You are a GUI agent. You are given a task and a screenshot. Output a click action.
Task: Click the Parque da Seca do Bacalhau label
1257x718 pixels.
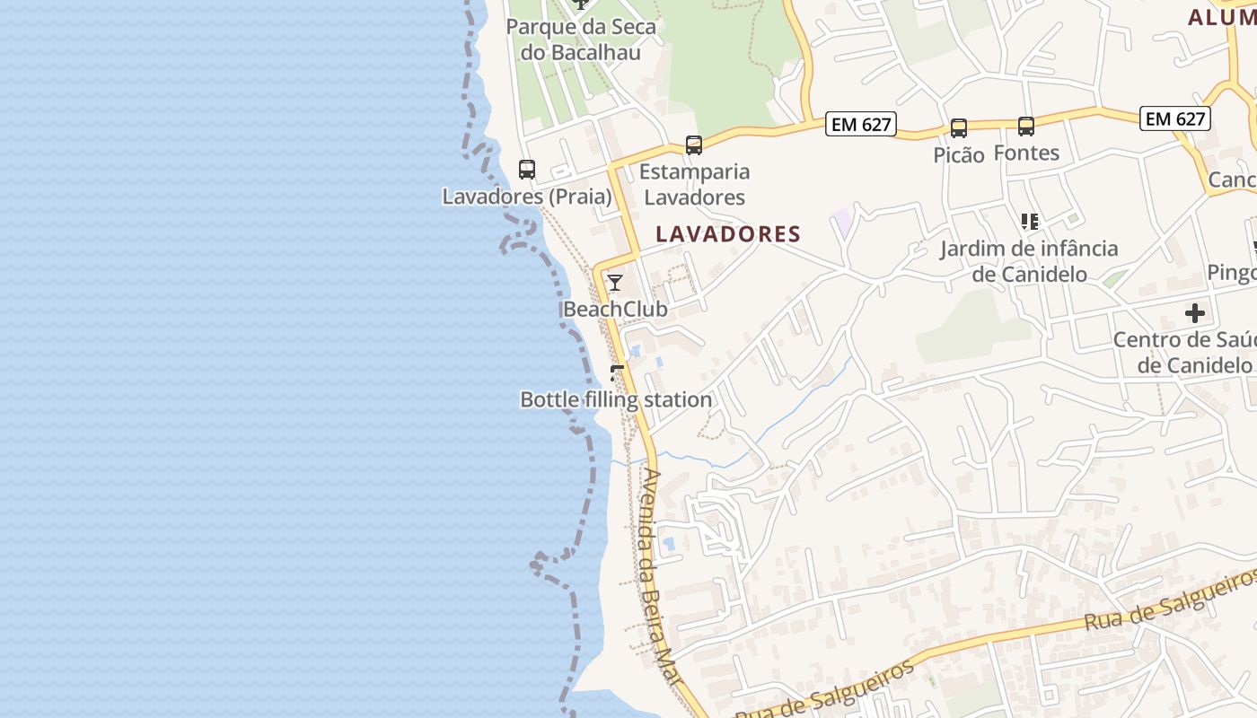click(581, 39)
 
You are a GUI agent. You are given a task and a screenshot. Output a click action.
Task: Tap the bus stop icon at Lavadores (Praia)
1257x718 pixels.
click(527, 169)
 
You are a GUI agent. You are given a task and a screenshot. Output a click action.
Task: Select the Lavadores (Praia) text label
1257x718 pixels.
click(527, 196)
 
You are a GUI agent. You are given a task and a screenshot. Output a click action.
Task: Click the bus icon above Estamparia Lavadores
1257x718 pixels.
click(693, 144)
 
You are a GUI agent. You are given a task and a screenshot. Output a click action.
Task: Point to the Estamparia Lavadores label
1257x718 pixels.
click(695, 184)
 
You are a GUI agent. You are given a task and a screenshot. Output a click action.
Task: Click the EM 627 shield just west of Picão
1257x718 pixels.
click(861, 125)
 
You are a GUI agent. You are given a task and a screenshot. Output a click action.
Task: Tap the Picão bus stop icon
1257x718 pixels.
click(959, 128)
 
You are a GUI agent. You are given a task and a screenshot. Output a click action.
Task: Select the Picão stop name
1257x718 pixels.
click(959, 154)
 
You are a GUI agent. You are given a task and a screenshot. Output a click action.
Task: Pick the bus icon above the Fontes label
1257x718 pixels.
click(1026, 127)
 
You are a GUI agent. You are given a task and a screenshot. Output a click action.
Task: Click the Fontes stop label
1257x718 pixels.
click(1026, 153)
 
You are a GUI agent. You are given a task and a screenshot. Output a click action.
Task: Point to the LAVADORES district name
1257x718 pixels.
click(728, 234)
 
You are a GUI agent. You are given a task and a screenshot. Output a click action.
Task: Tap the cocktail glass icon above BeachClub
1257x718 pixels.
click(615, 283)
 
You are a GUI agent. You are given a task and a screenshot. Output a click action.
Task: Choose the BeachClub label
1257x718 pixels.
click(615, 310)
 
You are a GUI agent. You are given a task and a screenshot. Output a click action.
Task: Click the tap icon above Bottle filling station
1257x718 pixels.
click(616, 372)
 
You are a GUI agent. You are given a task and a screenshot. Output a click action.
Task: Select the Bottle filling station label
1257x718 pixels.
click(616, 400)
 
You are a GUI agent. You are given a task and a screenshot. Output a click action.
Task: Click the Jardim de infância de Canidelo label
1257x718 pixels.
click(1029, 261)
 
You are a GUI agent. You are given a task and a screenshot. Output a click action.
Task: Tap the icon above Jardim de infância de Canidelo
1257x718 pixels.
click(1029, 221)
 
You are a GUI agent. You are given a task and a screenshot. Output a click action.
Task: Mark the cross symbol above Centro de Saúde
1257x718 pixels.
click(1194, 313)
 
